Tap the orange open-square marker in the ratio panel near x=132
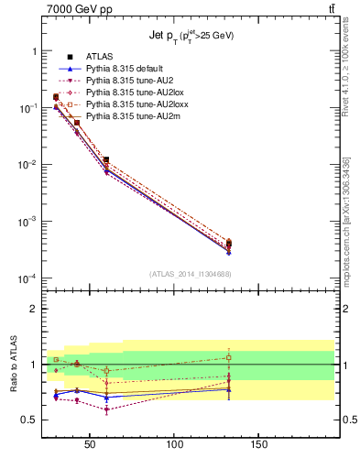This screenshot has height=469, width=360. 228,357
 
